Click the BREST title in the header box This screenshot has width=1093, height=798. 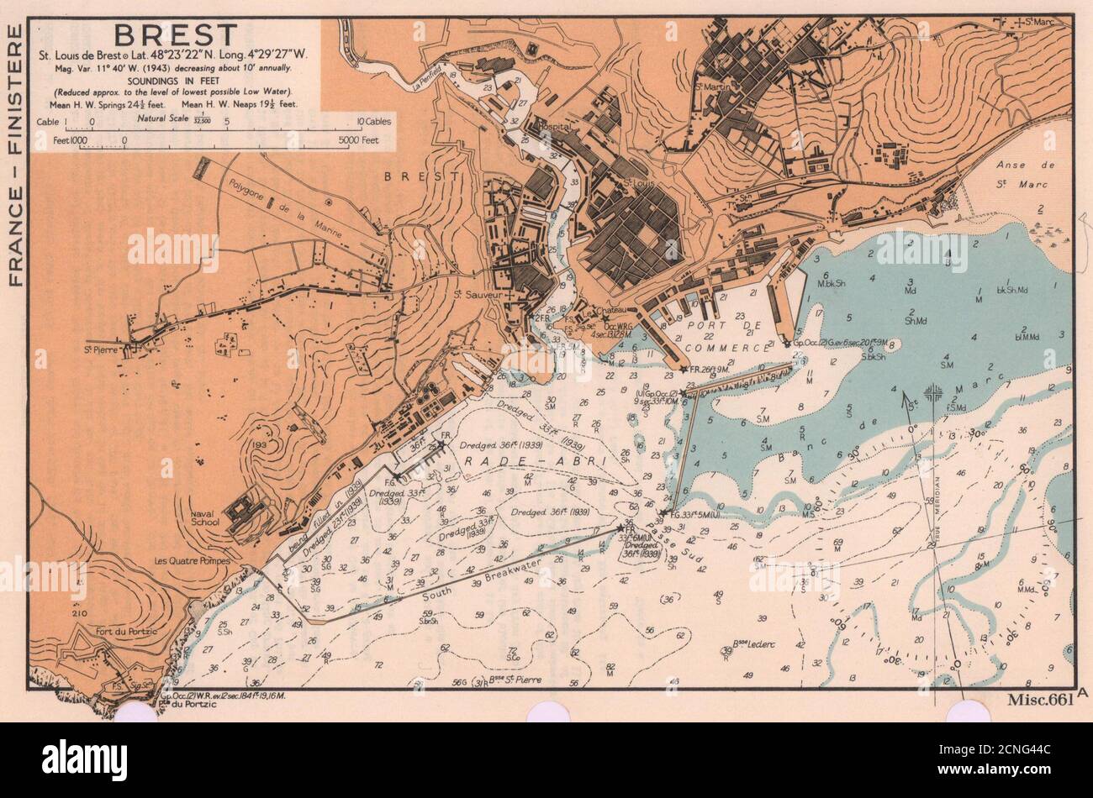176,35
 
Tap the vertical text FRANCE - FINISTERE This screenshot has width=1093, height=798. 14,155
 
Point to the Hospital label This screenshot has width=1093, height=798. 553,127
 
